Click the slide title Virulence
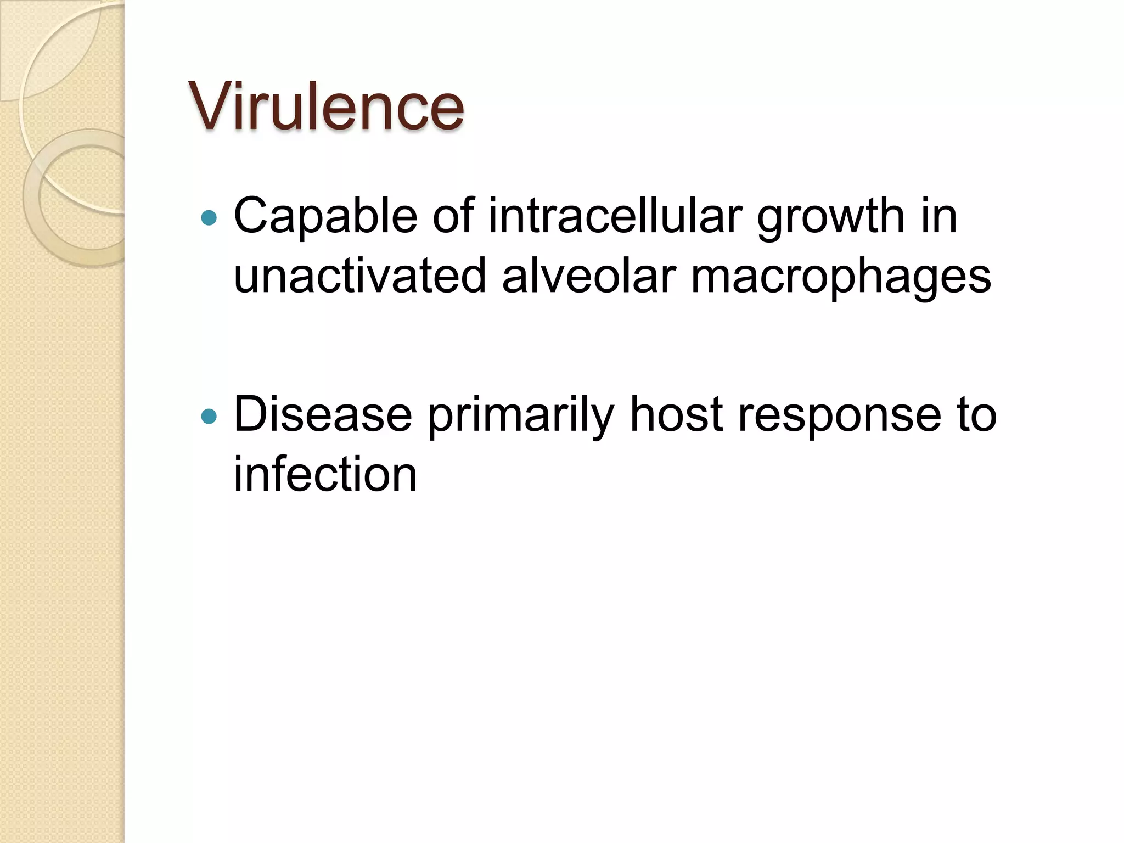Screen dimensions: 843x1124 pyautogui.click(x=326, y=106)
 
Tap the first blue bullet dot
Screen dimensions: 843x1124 pyautogui.click(x=209, y=218)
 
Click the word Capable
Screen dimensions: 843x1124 pyautogui.click(x=325, y=216)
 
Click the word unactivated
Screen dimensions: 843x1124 pyautogui.click(x=360, y=276)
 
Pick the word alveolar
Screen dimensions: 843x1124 pyautogui.click(x=588, y=276)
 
